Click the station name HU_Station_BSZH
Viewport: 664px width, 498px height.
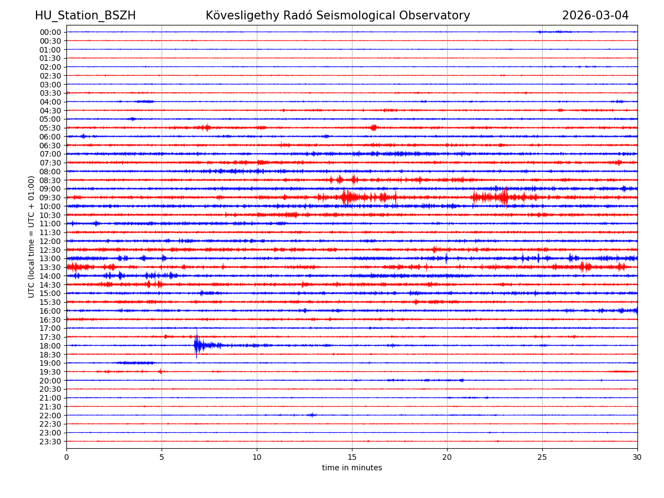[x=85, y=16]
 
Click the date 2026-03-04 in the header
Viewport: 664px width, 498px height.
[x=595, y=16]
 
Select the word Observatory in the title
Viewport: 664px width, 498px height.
[x=438, y=16]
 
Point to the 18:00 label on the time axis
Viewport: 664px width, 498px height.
[x=50, y=346]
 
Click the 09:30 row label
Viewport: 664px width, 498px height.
[x=50, y=198]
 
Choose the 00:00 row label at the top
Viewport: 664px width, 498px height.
[x=50, y=32]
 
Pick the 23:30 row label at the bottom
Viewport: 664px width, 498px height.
[x=50, y=442]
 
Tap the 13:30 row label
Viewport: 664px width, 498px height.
[x=50, y=267]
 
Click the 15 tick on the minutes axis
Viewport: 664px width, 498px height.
[x=352, y=458]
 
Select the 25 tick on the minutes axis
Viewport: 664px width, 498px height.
[x=542, y=458]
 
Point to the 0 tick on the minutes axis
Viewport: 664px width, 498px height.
[x=66, y=458]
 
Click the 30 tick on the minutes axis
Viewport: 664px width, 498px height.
[x=637, y=458]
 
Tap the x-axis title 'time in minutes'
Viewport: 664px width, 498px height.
[x=352, y=468]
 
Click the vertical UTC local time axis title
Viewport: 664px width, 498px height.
[x=32, y=237]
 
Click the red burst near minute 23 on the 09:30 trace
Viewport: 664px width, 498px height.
[x=503, y=197]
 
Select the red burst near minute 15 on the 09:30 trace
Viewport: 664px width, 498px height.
[x=346, y=197]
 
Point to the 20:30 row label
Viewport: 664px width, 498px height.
[x=50, y=390]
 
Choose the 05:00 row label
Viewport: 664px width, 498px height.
[x=50, y=119]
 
